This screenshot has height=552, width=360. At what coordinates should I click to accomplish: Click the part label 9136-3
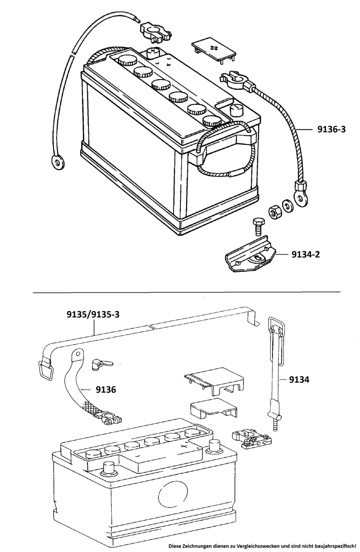tap(331, 129)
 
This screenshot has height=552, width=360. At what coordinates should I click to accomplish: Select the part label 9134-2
tap(306, 254)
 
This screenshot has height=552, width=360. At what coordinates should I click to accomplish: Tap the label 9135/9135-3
tap(93, 315)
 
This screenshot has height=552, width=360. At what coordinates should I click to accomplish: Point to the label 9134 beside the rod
tap(299, 379)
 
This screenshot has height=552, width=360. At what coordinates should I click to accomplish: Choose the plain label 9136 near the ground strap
tap(106, 390)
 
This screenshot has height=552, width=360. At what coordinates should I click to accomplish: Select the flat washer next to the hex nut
tap(287, 205)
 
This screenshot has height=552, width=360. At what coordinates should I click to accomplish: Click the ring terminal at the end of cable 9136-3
tap(300, 195)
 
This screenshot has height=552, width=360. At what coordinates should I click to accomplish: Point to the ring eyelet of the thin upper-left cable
tap(58, 162)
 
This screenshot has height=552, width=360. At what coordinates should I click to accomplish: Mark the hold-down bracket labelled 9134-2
tap(250, 254)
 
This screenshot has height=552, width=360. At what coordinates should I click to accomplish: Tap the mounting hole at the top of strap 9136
tap(78, 354)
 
